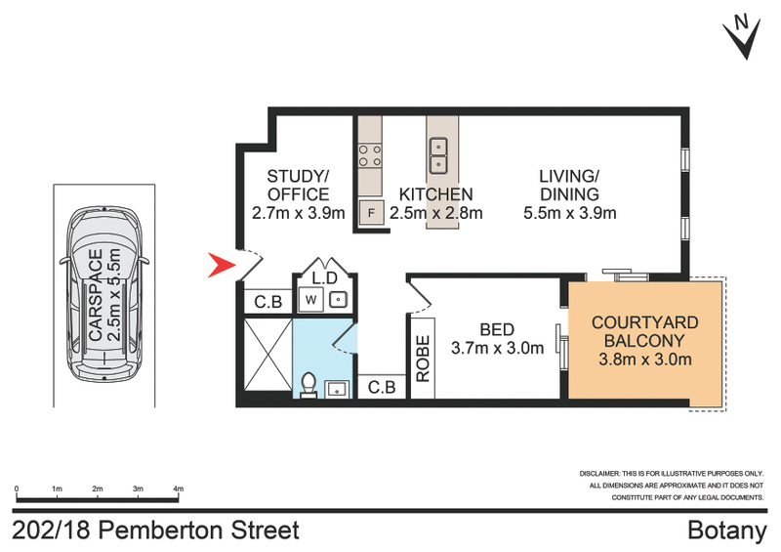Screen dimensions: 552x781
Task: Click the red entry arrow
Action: point(223,265)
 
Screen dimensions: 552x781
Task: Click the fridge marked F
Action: point(370,211)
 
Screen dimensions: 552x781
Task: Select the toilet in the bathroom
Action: point(308,386)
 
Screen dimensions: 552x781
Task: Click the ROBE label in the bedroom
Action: point(424,359)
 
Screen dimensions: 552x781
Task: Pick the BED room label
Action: point(496,329)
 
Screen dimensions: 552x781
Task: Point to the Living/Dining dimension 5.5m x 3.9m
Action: point(569,213)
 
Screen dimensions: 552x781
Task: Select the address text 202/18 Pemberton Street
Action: point(156,531)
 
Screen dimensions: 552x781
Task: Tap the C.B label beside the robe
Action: point(382,388)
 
